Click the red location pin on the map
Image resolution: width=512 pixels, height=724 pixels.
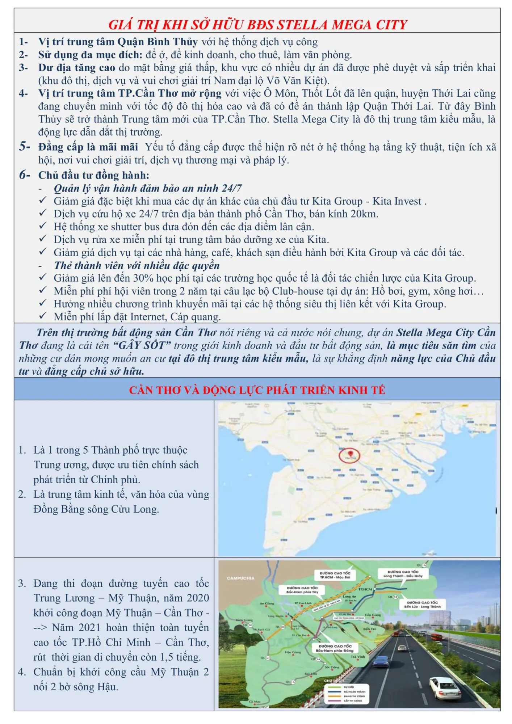tap(350, 454)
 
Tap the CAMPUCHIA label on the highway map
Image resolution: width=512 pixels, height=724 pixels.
tap(240, 578)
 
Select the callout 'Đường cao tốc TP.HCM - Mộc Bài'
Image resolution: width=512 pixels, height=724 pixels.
tap(335, 575)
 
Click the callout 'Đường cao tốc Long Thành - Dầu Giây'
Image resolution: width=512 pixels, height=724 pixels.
tap(403, 573)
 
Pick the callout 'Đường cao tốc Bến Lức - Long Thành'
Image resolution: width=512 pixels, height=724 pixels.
tap(422, 604)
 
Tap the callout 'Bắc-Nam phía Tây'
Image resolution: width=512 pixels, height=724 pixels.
tap(302, 590)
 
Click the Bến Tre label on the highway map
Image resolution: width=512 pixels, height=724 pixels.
tap(369, 629)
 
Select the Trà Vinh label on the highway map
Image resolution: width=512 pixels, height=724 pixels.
tap(358, 657)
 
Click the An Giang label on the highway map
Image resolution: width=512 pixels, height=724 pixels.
tap(267, 603)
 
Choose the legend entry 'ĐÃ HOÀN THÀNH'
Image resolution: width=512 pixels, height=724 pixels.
tap(354, 691)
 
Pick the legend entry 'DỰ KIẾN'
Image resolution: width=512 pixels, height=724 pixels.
tap(349, 687)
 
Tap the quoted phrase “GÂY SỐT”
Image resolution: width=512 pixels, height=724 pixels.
tap(142, 345)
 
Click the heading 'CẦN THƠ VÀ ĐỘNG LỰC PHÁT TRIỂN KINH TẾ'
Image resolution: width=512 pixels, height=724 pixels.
tap(257, 390)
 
